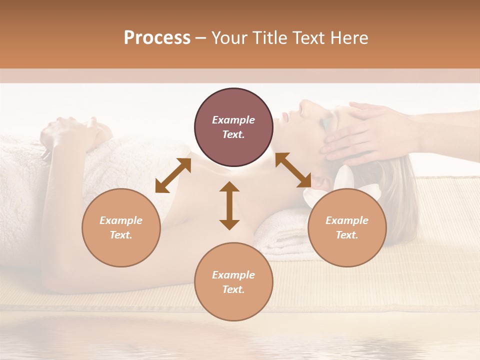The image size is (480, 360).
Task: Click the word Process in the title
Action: [x=157, y=38]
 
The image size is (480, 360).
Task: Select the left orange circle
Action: [x=121, y=227]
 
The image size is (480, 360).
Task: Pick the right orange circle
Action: [x=347, y=227]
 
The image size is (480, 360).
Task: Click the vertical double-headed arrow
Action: [x=229, y=205]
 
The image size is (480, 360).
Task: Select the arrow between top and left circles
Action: [x=173, y=175]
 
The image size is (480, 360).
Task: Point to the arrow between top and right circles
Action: [x=293, y=170]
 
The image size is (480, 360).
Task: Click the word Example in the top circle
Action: [x=233, y=120]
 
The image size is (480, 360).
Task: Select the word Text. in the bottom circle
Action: [x=233, y=289]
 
